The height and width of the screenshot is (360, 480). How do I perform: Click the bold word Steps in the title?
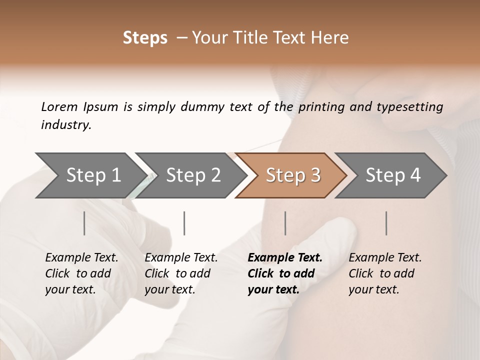tap(145, 38)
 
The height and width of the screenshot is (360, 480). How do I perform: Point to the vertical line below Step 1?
tap(84, 223)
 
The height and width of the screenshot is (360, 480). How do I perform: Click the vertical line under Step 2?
tap(184, 223)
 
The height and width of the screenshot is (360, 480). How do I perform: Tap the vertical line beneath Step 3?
tap(285, 223)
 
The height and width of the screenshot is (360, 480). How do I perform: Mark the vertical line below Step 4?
tap(386, 223)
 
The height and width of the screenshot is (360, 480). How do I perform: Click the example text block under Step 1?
tap(81, 273)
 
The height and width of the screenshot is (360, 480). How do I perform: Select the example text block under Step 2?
tap(181, 273)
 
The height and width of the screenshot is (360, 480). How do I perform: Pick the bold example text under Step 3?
tap(285, 273)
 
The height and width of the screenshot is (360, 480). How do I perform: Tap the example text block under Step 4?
tap(385, 273)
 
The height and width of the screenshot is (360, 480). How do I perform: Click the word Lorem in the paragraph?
tap(59, 107)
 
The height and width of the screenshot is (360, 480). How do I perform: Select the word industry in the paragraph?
tap(66, 125)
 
